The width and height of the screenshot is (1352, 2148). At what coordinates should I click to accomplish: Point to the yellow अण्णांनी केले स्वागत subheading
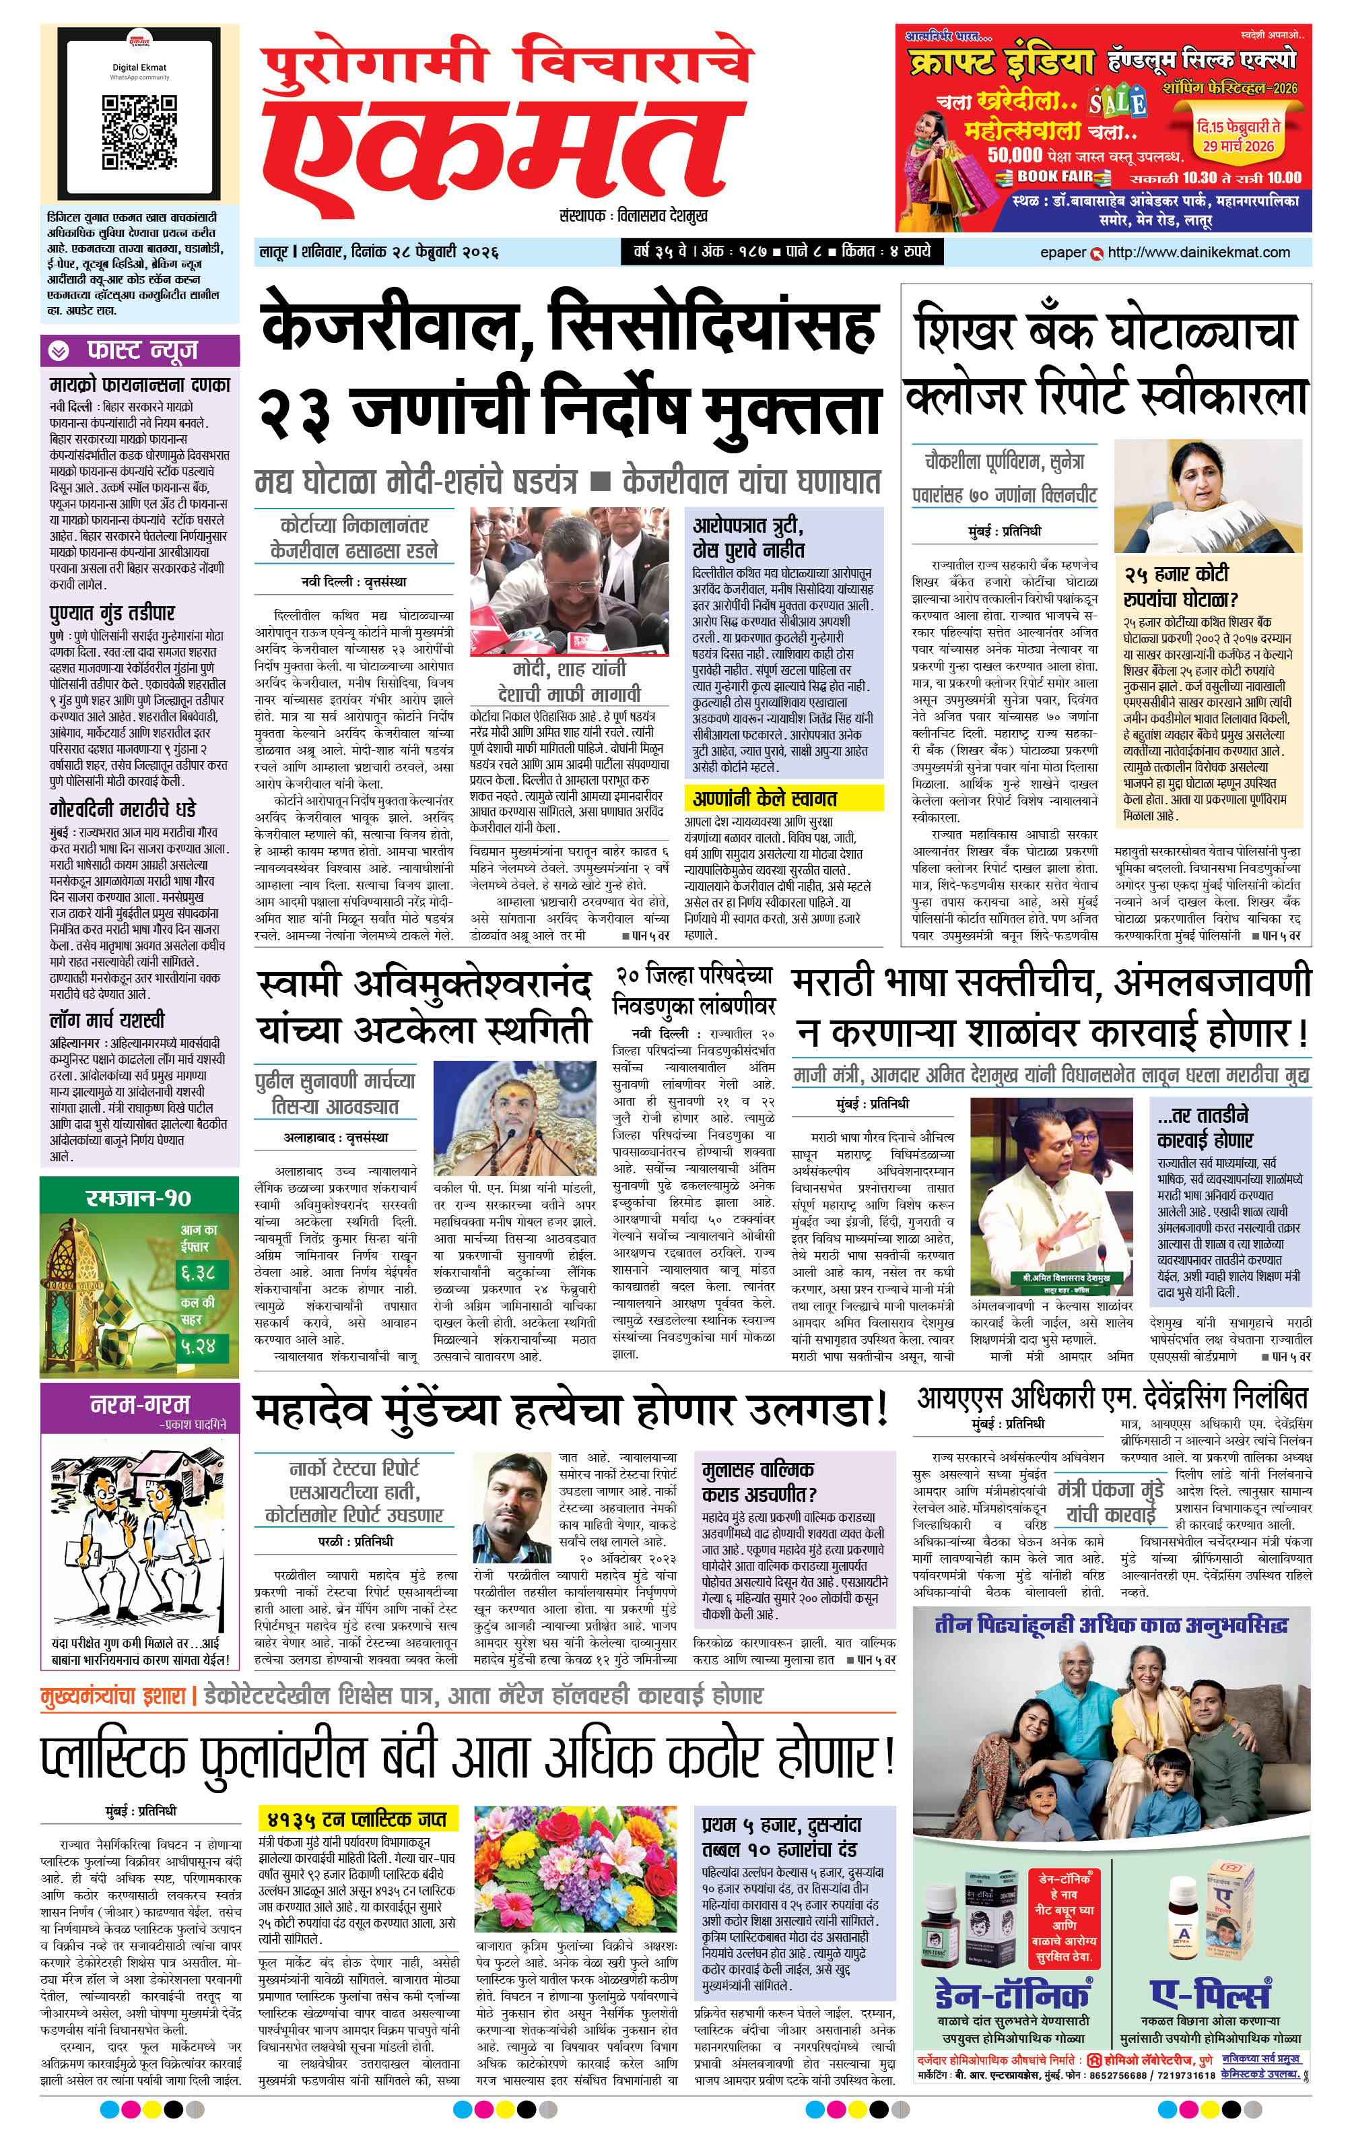pyautogui.click(x=764, y=798)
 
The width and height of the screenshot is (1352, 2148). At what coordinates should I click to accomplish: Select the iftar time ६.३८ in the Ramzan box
pyautogui.click(x=197, y=1272)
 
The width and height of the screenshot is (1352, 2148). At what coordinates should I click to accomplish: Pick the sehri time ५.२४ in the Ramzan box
pyautogui.click(x=197, y=1344)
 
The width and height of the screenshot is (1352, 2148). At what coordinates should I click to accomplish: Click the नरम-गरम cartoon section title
pyautogui.click(x=140, y=1403)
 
